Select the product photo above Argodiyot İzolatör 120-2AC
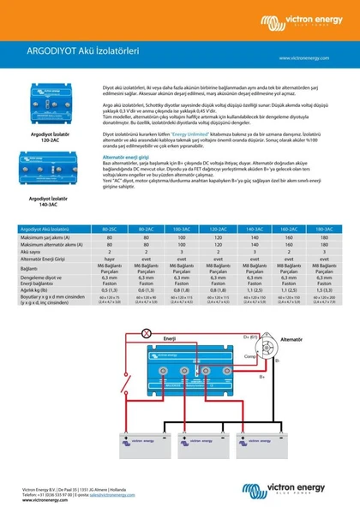pos(50,105)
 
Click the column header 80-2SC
pos(109,230)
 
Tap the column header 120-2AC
pos(217,230)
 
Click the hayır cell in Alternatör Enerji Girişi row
pos(109,259)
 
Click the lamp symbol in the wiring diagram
pos(146,331)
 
